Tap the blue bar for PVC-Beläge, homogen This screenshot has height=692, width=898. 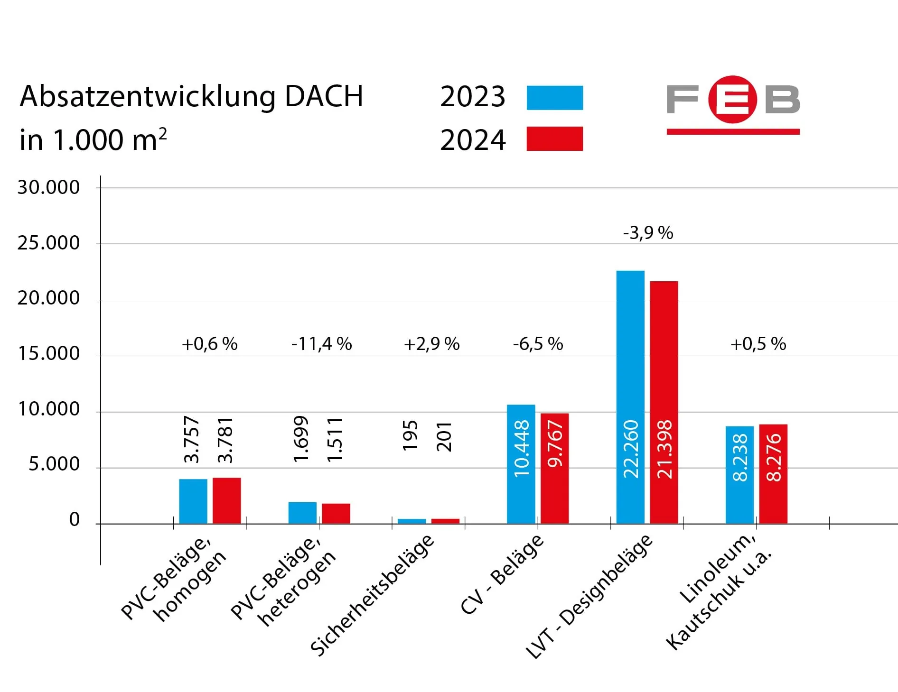tap(193, 501)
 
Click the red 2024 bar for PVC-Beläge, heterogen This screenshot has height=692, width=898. tap(336, 514)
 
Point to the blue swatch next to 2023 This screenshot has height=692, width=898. tap(554, 98)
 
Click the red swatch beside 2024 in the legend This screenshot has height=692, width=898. tap(554, 139)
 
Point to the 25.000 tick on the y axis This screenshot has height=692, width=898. tap(48, 243)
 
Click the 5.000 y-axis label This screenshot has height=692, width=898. tap(54, 464)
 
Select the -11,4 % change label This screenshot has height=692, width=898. tap(321, 344)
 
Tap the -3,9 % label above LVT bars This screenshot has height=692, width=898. tap(648, 233)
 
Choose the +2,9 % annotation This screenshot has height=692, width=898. tap(431, 344)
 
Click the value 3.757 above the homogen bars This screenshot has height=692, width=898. tap(192, 439)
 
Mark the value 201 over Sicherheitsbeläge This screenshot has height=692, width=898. tap(444, 437)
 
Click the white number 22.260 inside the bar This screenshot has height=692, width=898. tap(631, 449)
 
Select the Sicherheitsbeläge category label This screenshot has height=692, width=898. tap(372, 595)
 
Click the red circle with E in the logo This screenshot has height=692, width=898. tap(732, 99)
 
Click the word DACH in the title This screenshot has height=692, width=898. tap(324, 96)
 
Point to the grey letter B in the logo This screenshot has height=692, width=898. tap(782, 100)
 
